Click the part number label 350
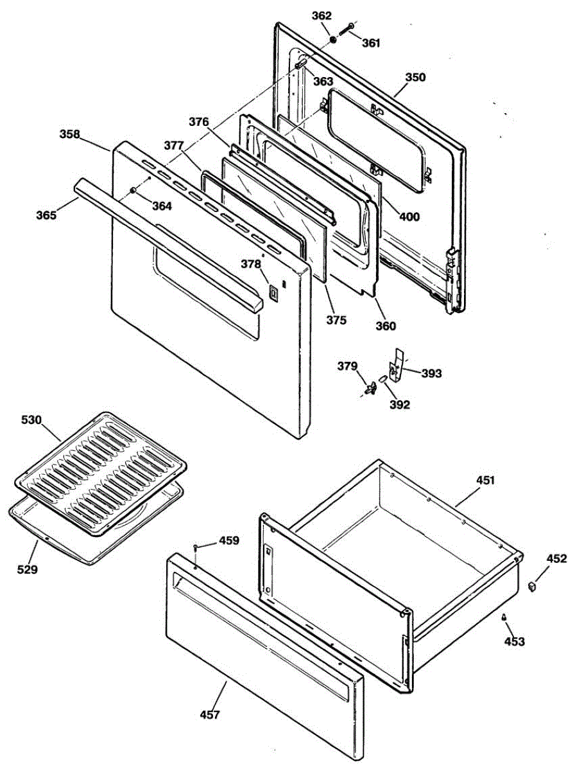point(415,77)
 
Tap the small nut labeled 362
point(334,40)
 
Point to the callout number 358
point(70,134)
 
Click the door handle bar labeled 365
point(167,244)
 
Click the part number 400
point(409,217)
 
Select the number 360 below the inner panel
point(386,326)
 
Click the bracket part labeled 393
point(397,366)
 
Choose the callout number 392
point(400,405)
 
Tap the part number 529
point(28,569)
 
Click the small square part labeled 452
point(532,586)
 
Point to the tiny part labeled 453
point(504,617)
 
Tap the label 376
point(199,121)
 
